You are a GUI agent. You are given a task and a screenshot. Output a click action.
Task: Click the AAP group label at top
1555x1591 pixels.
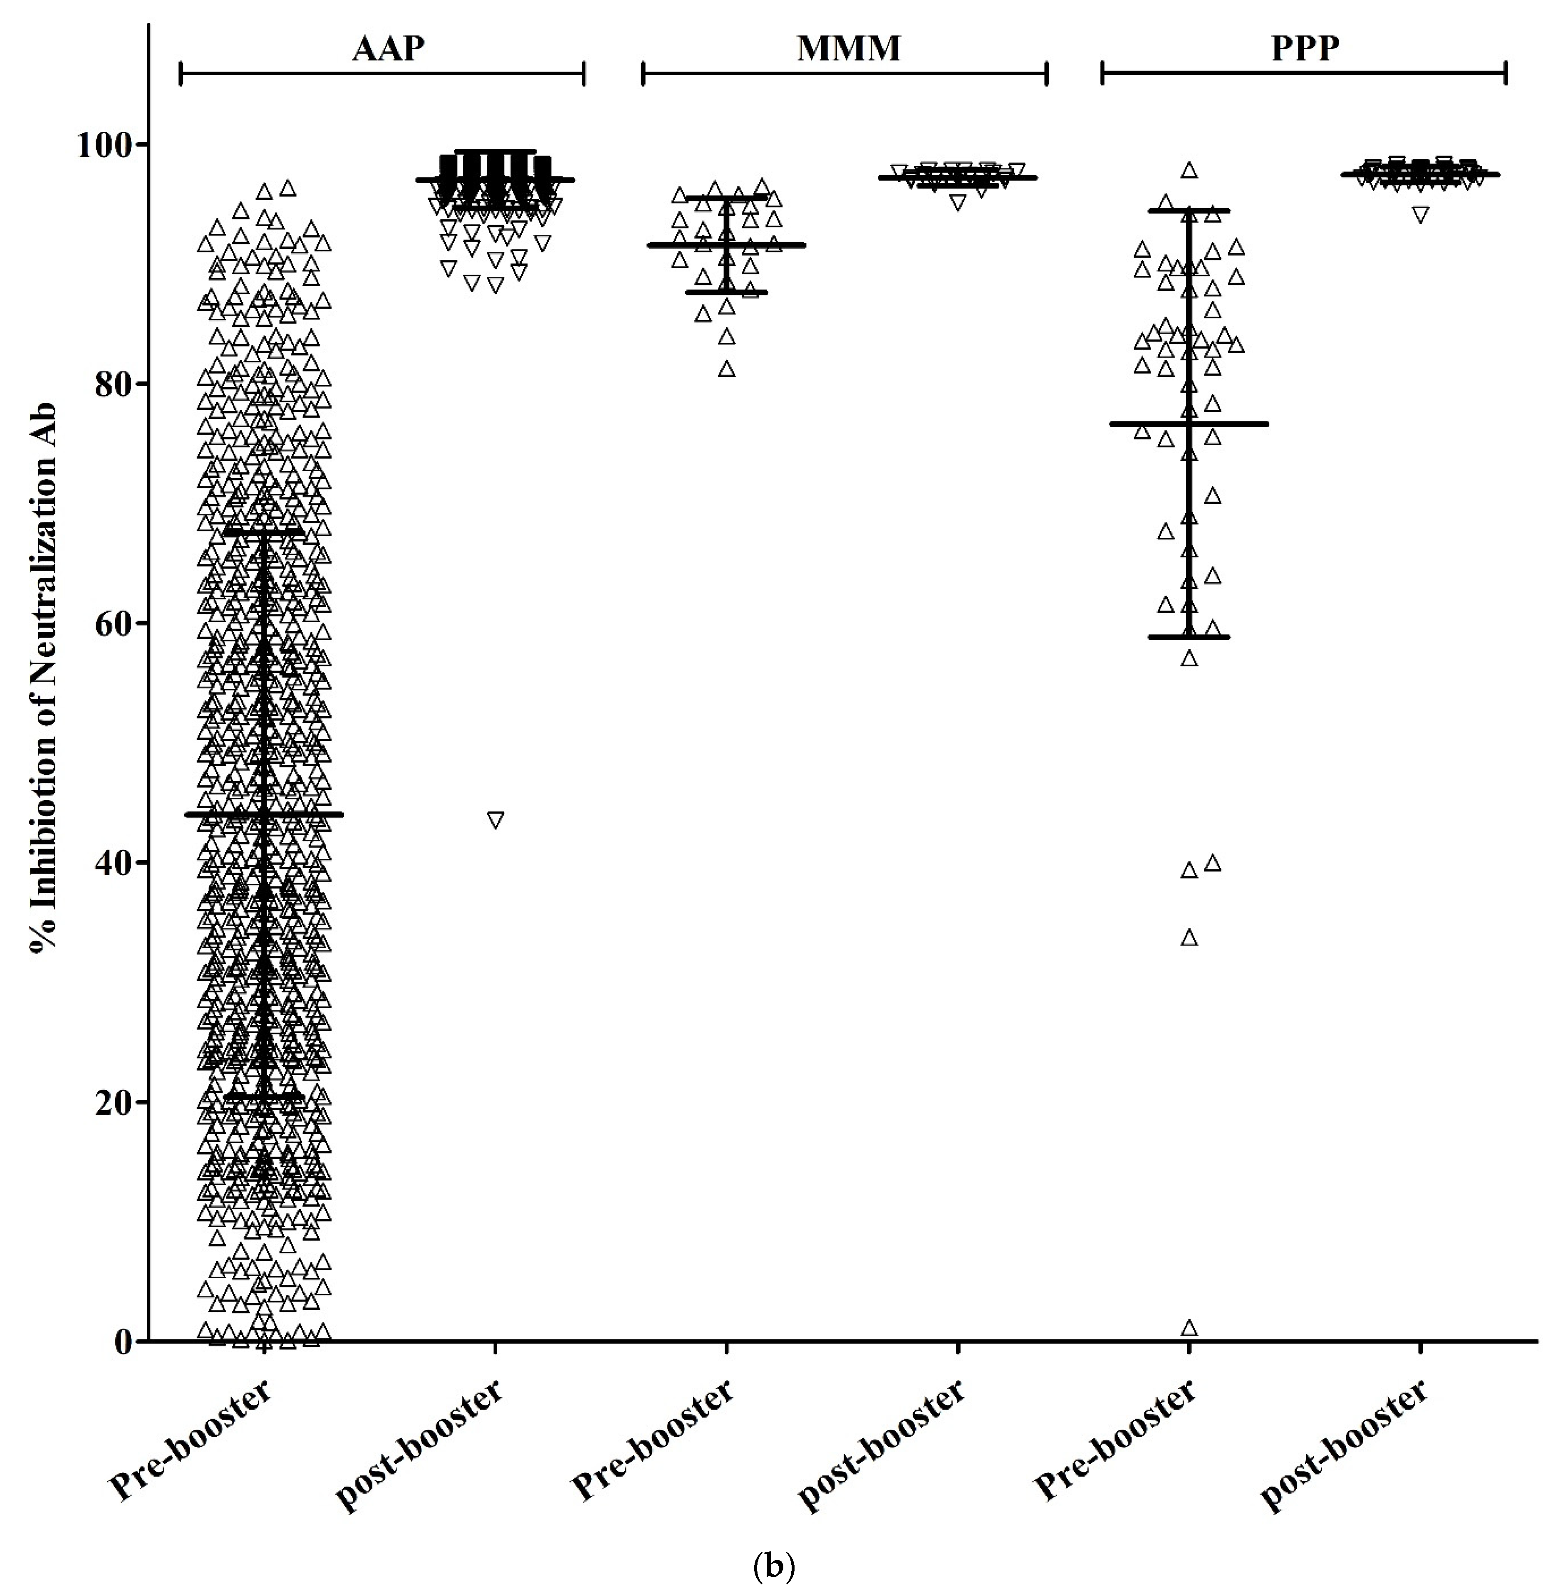click(388, 49)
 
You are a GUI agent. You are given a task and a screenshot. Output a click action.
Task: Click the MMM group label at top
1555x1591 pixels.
click(849, 49)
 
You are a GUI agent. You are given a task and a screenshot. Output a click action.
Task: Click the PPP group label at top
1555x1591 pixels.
click(1305, 49)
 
